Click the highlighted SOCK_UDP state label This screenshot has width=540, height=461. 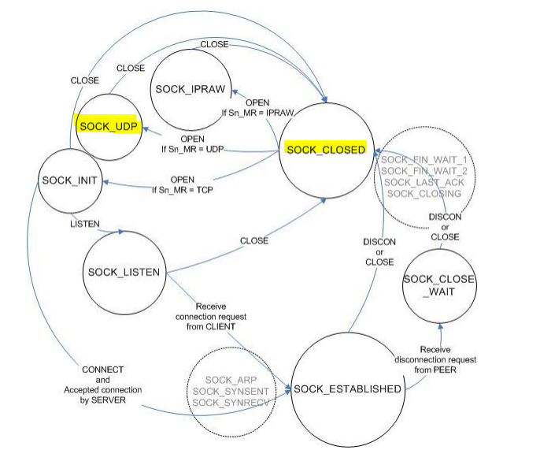(x=109, y=127)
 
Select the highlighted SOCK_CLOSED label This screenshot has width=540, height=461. (x=326, y=150)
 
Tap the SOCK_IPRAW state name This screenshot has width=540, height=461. (x=190, y=89)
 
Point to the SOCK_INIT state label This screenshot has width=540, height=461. (x=69, y=180)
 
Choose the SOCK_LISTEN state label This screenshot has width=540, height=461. (x=124, y=273)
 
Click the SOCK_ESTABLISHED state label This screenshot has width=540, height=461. (x=347, y=389)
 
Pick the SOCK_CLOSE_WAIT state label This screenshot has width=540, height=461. (x=439, y=285)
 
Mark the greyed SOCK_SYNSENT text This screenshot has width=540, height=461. (x=231, y=392)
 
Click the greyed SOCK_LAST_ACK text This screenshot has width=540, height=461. (x=424, y=182)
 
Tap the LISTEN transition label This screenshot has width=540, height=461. (x=85, y=224)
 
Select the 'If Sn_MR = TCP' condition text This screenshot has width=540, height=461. (x=183, y=190)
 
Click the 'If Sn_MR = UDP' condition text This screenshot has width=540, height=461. (x=193, y=149)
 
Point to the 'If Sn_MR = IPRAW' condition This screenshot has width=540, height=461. (x=257, y=113)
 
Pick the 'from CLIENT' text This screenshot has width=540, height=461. (x=211, y=326)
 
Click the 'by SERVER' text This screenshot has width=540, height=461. (x=102, y=400)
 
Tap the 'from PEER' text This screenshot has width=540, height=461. (x=435, y=370)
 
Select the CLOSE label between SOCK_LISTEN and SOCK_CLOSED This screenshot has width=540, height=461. (x=254, y=240)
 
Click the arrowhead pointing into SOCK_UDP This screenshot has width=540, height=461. (x=146, y=129)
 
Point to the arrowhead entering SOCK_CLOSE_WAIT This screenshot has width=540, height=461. (x=440, y=325)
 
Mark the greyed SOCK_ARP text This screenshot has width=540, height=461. (x=231, y=380)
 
